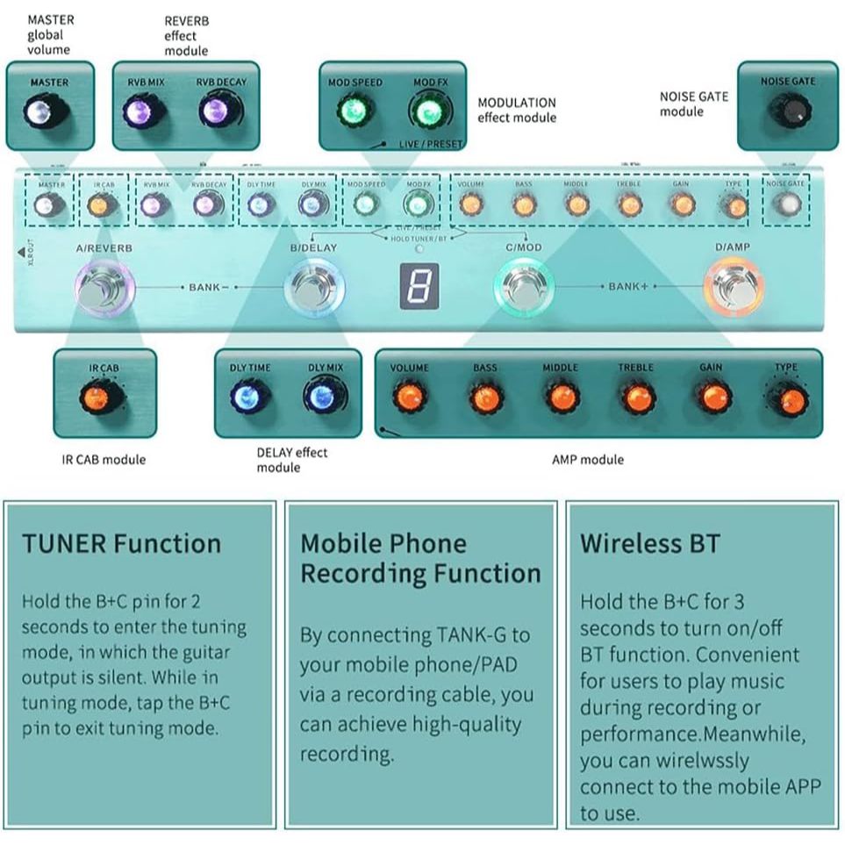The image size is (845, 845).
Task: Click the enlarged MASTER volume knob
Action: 40,113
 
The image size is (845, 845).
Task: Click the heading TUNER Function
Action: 121,543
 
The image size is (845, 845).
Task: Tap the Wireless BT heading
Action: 650,543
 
